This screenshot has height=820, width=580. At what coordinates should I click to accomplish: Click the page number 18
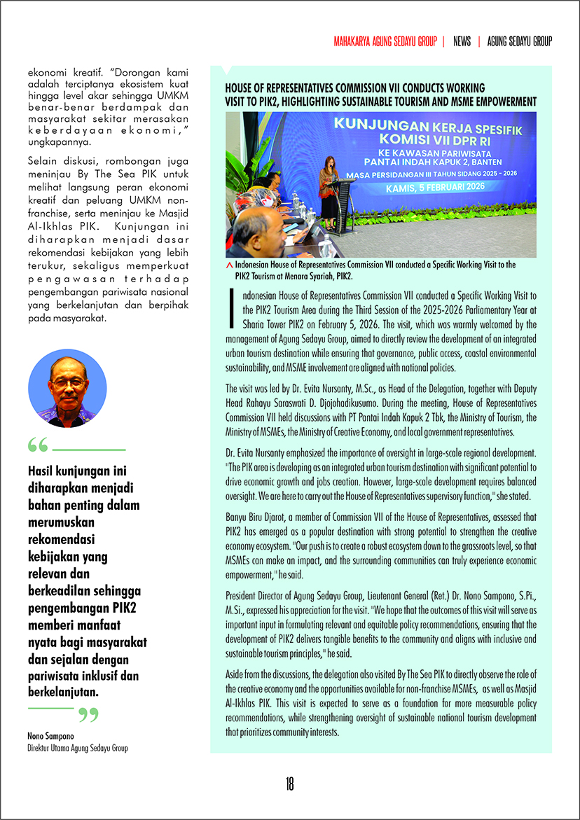pos(289,784)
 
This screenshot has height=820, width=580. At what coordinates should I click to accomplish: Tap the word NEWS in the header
pos(462,41)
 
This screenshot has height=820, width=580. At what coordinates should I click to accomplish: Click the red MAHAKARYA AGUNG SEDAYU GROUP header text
pos(385,41)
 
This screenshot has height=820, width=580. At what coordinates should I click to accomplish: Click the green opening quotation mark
pos(38,445)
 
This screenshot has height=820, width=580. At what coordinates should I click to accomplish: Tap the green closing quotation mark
pos(88,714)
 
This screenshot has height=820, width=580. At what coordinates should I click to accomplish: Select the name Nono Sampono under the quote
pos(46,737)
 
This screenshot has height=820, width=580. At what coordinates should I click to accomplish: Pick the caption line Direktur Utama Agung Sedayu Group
pos(78,748)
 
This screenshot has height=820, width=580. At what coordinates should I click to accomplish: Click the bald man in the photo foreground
pos(256,235)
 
